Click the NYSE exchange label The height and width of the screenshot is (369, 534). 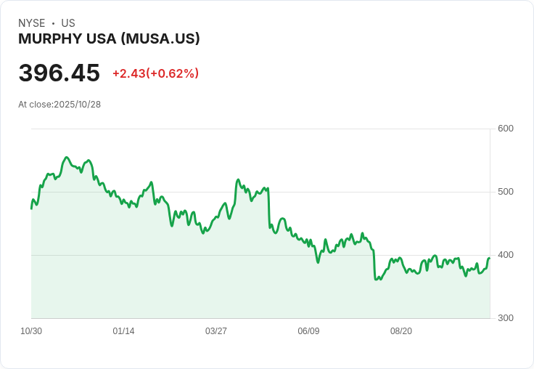coord(32,23)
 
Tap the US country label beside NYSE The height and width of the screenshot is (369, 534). coord(68,23)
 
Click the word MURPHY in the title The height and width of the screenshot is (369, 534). coord(46,39)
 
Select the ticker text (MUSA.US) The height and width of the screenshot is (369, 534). coord(160,39)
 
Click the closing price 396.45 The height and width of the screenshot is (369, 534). coord(59,73)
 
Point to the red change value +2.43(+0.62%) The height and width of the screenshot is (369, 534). coord(155,73)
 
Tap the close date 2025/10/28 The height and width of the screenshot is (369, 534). coord(78,105)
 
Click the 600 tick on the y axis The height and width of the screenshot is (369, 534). coord(506,129)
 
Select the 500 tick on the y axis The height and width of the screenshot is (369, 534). coord(506,192)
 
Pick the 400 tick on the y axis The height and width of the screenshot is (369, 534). coord(506,255)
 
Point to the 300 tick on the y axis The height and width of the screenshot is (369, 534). coord(506,318)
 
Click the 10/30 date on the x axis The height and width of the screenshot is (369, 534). coord(31,331)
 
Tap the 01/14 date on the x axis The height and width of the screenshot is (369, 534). coord(123,331)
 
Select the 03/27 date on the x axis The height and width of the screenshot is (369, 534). coord(216,331)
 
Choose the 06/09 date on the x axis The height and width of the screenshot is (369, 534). coord(308,331)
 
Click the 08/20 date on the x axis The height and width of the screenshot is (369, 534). coord(401,331)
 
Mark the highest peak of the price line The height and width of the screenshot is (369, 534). coord(67,157)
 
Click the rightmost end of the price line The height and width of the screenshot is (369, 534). coord(490,258)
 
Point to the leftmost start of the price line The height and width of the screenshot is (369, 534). coord(31,208)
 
